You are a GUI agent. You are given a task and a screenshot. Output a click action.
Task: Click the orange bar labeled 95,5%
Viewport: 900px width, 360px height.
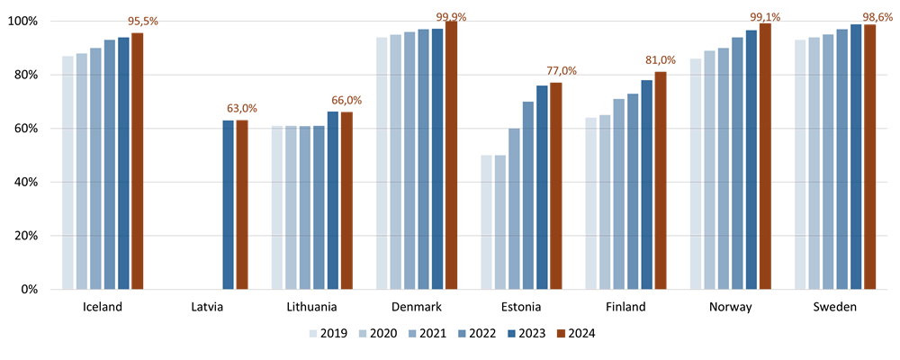138,162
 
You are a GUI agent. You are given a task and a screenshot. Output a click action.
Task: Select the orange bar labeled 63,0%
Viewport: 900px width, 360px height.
242,205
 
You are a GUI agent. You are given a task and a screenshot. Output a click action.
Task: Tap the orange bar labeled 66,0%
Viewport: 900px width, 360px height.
346,201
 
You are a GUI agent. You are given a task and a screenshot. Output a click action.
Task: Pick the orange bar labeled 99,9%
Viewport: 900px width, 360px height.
451,156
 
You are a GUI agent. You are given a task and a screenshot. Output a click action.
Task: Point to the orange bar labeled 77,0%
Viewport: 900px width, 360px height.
556,186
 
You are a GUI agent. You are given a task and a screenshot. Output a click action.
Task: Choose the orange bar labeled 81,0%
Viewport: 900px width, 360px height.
661,181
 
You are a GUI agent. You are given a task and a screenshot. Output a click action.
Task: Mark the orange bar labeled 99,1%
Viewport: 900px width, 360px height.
765,157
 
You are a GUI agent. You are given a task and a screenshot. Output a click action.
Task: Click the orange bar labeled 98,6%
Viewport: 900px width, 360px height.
870,157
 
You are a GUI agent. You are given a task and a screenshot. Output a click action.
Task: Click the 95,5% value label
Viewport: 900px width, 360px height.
143,21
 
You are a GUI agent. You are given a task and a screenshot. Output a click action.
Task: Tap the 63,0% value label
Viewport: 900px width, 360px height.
242,109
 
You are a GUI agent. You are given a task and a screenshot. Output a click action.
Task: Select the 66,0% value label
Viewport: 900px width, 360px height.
346,101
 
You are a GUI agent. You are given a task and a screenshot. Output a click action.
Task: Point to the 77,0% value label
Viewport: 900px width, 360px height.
562,71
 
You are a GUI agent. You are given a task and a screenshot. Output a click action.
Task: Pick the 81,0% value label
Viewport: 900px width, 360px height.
661,60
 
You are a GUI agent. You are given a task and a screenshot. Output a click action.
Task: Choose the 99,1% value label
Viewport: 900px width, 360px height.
765,17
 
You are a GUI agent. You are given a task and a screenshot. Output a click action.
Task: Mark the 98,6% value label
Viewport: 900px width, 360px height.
877,17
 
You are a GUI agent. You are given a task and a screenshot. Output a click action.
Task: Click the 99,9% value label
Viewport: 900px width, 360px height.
451,17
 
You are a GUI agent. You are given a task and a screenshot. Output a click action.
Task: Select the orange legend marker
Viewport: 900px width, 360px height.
562,334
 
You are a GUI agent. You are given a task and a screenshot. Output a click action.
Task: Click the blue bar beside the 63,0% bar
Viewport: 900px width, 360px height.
229,205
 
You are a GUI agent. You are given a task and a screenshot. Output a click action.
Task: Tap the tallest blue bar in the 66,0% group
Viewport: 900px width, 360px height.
333,201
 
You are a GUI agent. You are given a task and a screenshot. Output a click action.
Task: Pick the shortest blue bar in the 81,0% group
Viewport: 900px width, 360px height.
591,203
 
